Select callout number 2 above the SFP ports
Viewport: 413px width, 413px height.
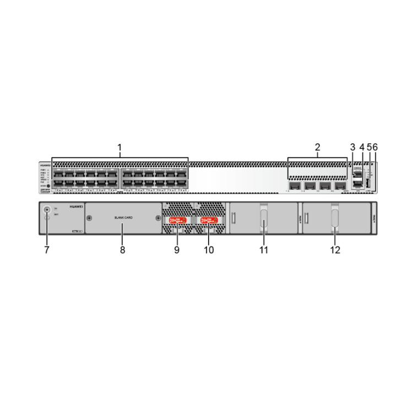point(317,148)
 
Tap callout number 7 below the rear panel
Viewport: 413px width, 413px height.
point(47,249)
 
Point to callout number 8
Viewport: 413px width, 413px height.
point(122,249)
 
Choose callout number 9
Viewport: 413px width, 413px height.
point(177,249)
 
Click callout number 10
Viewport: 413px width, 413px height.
point(209,249)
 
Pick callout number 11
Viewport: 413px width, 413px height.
point(264,249)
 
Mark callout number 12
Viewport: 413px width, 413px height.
point(335,249)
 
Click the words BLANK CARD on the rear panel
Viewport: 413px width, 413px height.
point(123,218)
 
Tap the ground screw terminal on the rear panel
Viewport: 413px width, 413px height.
point(46,210)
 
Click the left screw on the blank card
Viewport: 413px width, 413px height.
point(89,218)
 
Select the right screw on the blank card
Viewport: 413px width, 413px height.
point(158,218)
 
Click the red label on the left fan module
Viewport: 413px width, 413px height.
point(177,220)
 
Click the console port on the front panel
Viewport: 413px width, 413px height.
point(358,174)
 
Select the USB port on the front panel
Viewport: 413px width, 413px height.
point(367,182)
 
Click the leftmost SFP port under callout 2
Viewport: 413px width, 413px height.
point(295,186)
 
